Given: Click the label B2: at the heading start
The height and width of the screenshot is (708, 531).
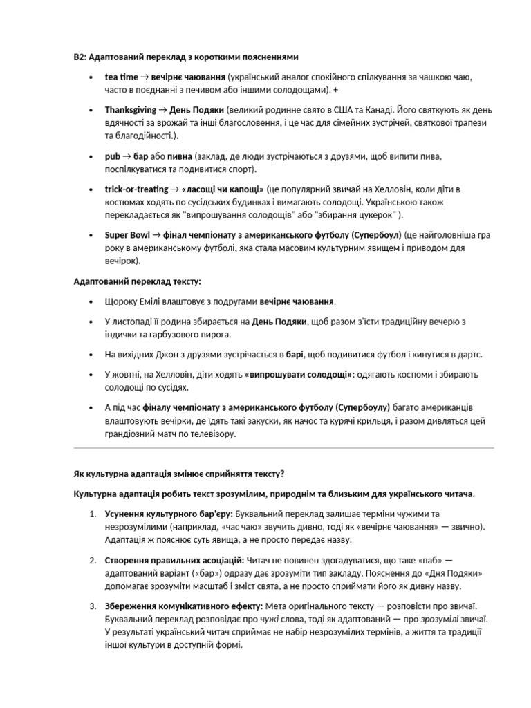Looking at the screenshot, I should coord(80,57).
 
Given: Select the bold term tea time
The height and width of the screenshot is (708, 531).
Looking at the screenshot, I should coord(122,77).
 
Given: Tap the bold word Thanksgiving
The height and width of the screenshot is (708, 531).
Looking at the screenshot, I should coord(131,110).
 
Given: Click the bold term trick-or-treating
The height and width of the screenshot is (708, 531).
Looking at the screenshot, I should coord(136,189).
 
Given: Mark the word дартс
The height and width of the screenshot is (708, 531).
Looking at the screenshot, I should coord(468,355).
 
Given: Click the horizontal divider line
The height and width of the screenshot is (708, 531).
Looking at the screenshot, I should coord(283,448).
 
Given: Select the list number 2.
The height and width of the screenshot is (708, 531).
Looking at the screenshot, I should coord(93,559).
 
